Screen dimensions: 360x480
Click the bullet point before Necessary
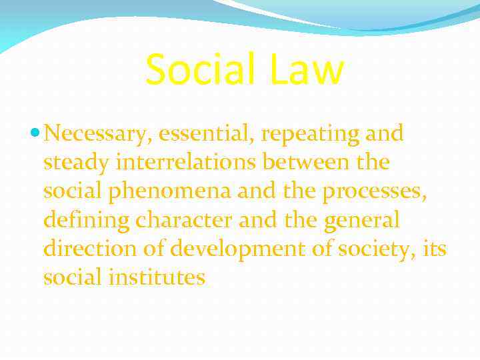pyautogui.click(x=36, y=134)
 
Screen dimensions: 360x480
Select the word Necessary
pyautogui.click(x=99, y=134)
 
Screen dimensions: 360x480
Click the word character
pyautogui.click(x=179, y=220)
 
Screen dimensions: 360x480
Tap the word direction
pyautogui.click(x=89, y=249)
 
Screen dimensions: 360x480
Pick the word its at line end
pyautogui.click(x=434, y=249)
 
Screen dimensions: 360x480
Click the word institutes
pyautogui.click(x=160, y=277)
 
